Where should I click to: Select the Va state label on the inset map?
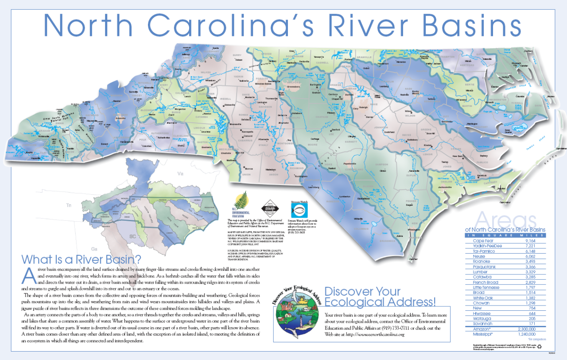pyautogui.click(x=180, y=173)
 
